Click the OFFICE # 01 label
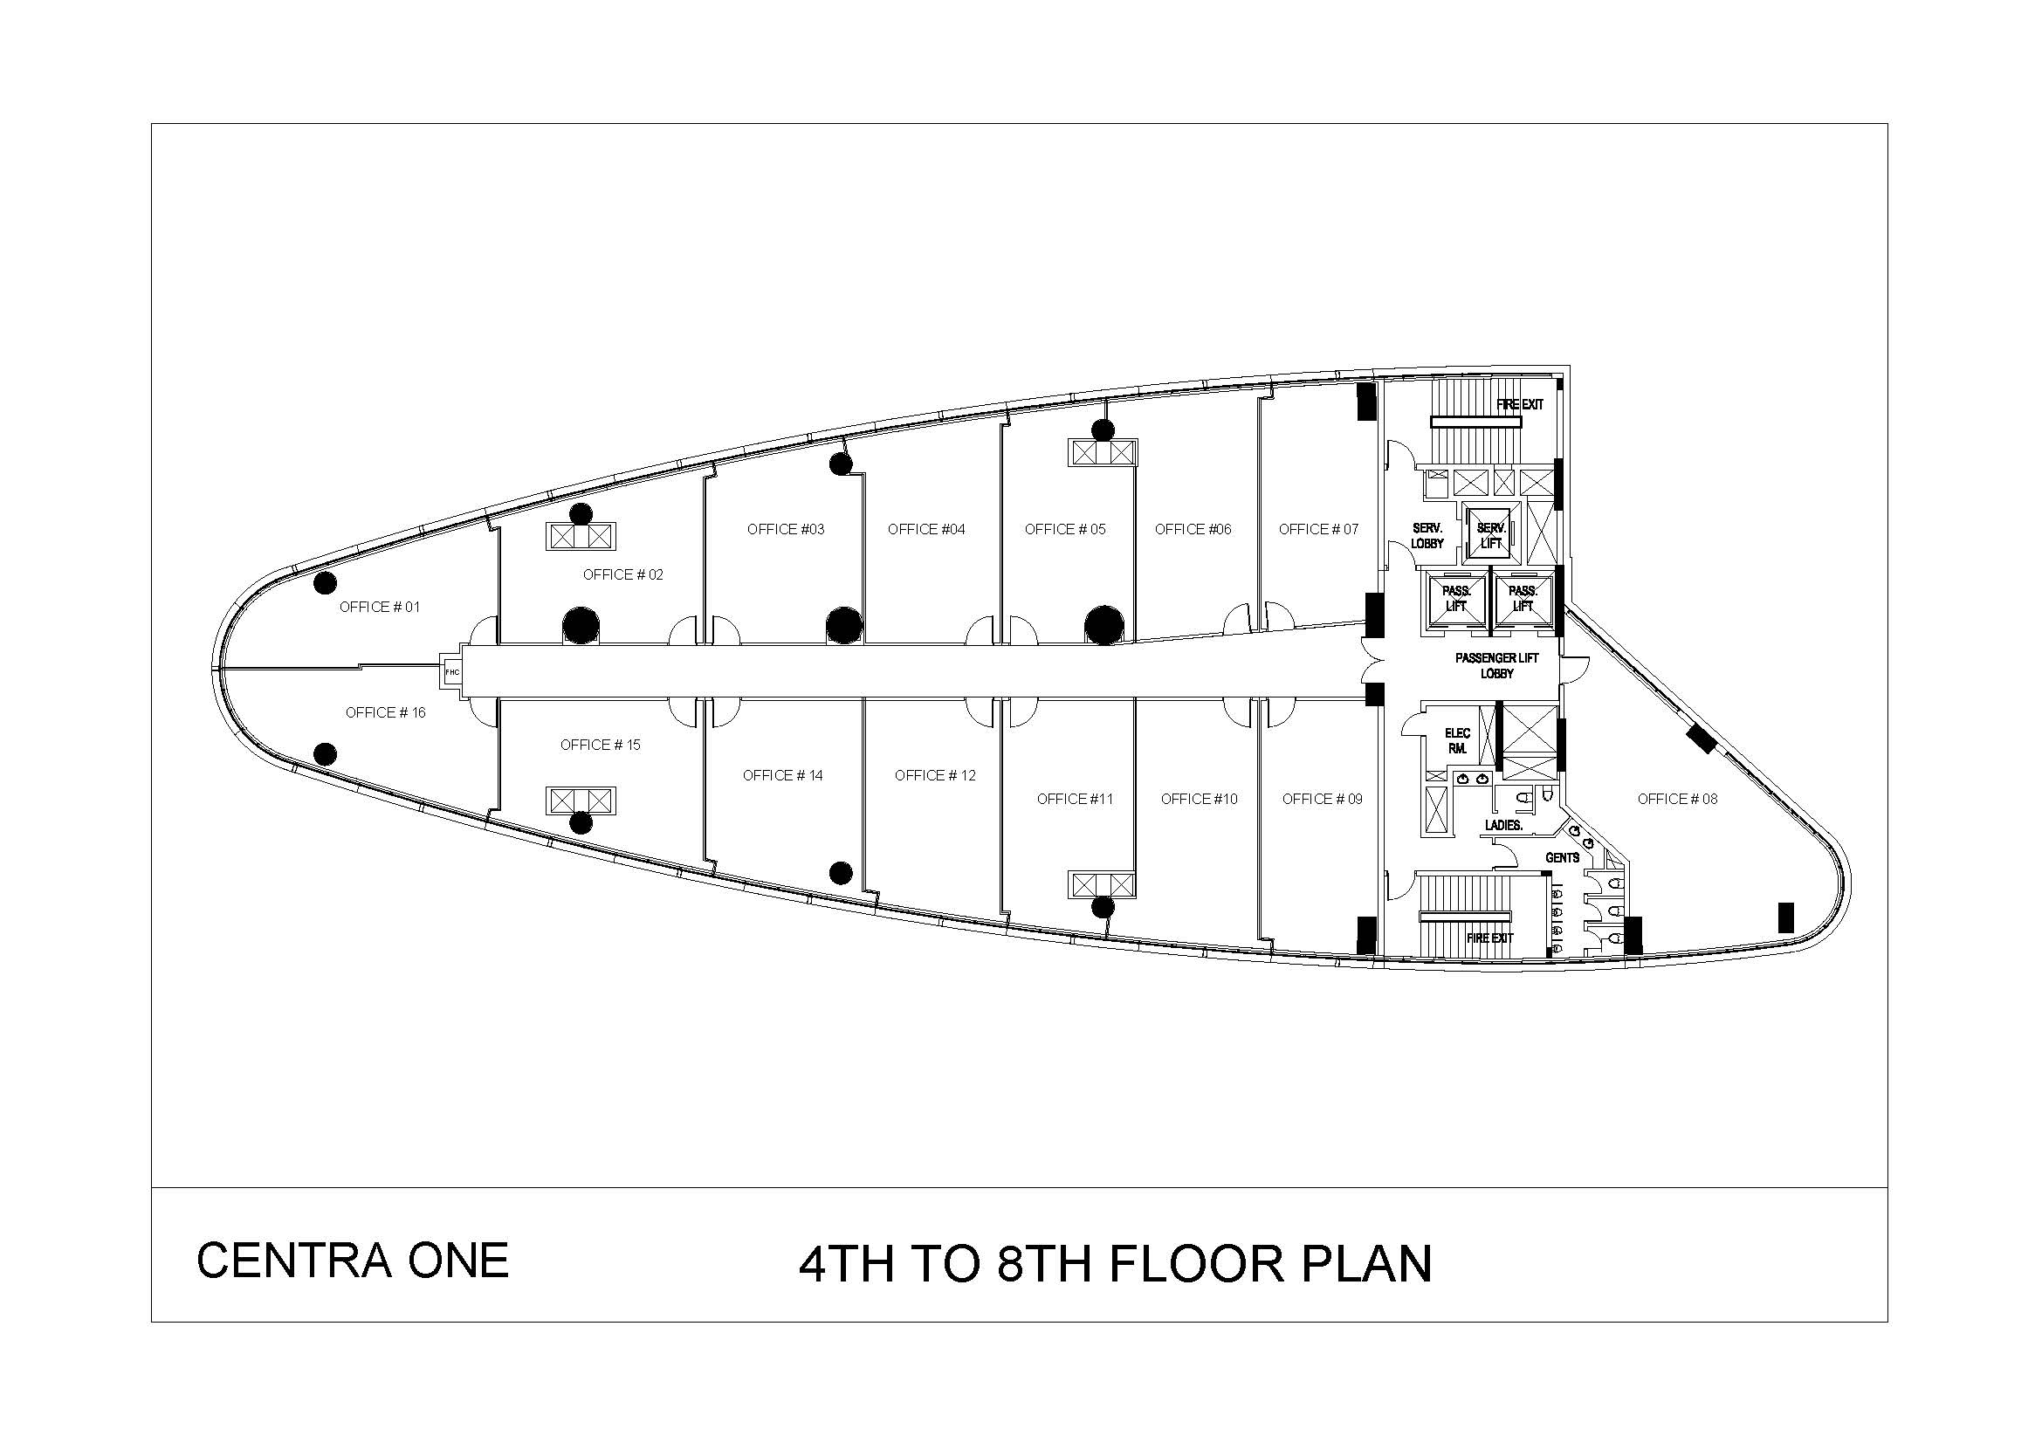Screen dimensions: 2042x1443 point(380,608)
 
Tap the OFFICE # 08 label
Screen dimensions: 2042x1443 point(1677,800)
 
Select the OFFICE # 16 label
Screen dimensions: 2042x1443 point(385,713)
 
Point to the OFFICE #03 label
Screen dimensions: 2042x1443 point(786,530)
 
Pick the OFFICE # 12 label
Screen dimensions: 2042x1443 point(935,776)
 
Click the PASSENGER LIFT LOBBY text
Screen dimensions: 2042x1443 point(1497,666)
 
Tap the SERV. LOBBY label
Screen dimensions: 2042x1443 point(1427,536)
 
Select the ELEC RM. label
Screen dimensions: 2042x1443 point(1458,741)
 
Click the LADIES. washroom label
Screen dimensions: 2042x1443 point(1504,826)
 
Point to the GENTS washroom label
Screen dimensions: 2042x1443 point(1563,858)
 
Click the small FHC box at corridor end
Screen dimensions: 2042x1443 point(453,672)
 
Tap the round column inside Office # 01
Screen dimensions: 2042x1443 point(326,583)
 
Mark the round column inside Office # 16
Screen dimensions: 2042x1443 point(326,754)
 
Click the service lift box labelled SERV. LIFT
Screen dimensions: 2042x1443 point(1490,532)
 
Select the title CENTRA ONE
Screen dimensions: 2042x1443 point(352,1261)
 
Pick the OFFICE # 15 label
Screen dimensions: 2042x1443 point(601,745)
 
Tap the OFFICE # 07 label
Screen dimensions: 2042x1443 point(1319,530)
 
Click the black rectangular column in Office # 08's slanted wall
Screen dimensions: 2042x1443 point(1702,739)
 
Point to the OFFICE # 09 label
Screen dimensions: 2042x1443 point(1323,800)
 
